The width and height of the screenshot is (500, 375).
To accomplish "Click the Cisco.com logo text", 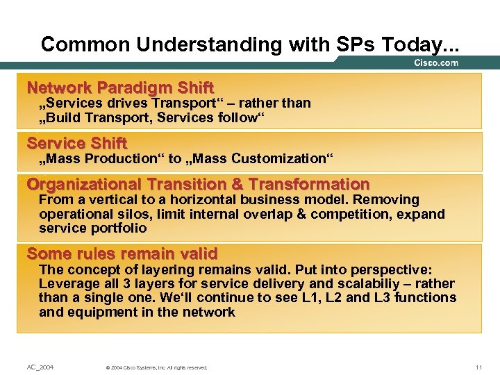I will tap(436, 63).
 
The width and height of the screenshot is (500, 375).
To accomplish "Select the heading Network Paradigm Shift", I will tap(120, 88).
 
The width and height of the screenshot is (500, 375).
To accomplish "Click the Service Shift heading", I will tap(77, 144).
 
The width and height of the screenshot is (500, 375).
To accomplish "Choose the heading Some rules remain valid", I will tap(122, 253).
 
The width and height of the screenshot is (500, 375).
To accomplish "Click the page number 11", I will tap(478, 367).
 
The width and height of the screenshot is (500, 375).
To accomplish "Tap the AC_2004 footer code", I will tap(40, 367).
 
